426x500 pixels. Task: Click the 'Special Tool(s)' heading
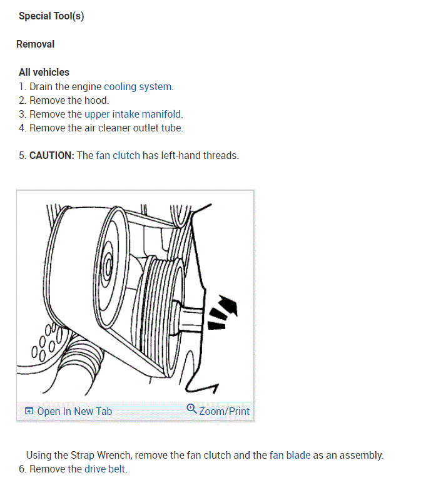click(x=51, y=16)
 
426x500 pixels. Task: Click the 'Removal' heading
click(x=35, y=44)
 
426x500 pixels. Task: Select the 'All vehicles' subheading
click(x=44, y=72)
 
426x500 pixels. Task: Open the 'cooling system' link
click(x=138, y=86)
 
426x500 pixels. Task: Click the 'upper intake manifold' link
click(x=133, y=114)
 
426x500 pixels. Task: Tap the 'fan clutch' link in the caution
click(x=118, y=155)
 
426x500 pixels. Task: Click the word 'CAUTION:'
click(x=52, y=155)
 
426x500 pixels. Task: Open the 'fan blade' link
click(x=290, y=455)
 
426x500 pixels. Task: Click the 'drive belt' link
click(x=105, y=469)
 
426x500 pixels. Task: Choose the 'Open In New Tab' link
click(x=74, y=411)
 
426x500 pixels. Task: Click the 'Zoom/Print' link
click(x=224, y=411)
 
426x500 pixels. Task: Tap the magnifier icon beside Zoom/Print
click(x=191, y=409)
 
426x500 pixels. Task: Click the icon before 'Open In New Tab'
click(x=29, y=411)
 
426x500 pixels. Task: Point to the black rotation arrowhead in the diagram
click(x=230, y=306)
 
